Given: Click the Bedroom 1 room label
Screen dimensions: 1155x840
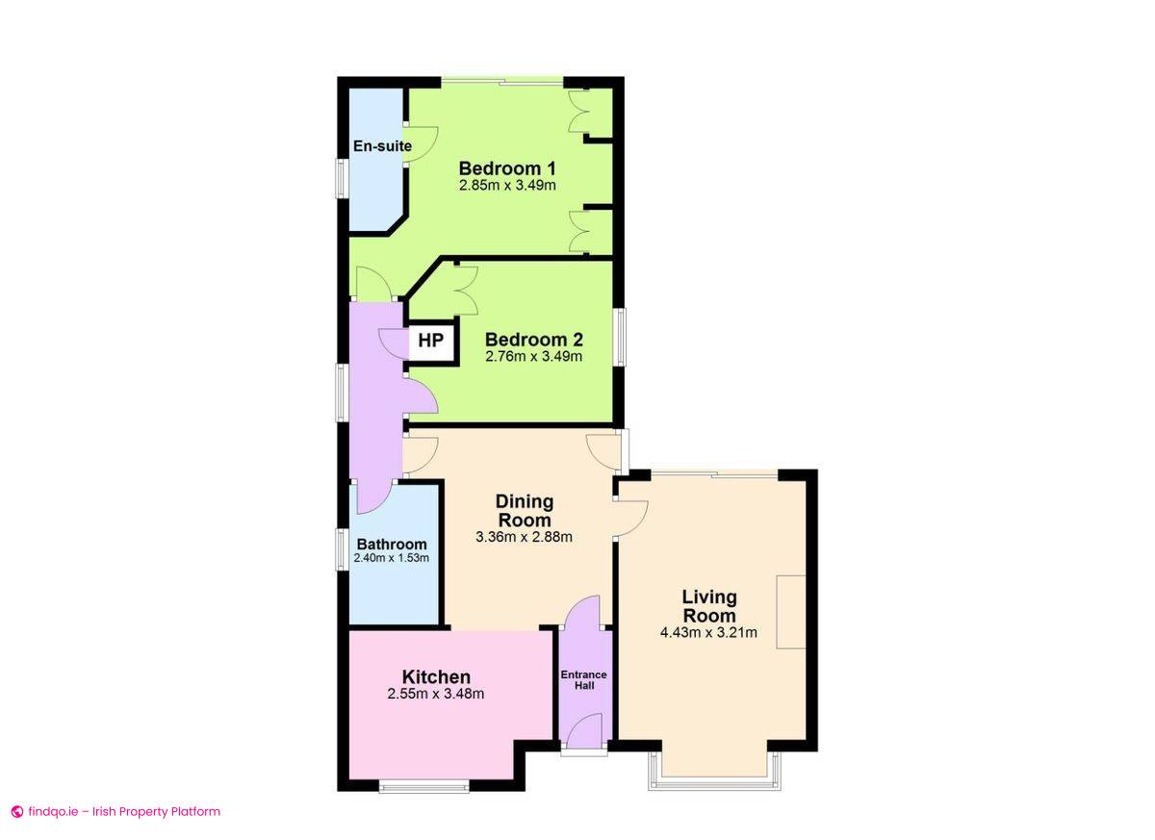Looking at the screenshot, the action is coord(507,168).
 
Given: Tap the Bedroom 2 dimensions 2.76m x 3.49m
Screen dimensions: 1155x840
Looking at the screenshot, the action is coord(533,356).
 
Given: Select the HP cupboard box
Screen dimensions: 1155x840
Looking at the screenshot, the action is coord(431,341).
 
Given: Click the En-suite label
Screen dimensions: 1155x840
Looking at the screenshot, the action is coord(382,146).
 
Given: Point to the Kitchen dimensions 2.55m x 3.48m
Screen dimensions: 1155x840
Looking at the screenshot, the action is coord(436,694).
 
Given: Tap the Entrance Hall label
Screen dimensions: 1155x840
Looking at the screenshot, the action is coord(583,680).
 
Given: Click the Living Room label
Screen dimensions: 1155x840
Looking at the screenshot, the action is coord(709,606).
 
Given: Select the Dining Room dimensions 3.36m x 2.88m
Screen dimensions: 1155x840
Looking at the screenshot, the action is coord(524,537).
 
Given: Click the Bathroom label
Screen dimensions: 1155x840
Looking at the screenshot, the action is coord(392,545).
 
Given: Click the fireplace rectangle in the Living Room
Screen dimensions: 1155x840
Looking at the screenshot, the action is coord(791,612).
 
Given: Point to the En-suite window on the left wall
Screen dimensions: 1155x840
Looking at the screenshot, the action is coord(342,178).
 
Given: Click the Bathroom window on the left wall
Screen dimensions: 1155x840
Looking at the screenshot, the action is coord(342,549).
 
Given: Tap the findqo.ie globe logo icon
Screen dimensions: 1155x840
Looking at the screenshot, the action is coord(17,812).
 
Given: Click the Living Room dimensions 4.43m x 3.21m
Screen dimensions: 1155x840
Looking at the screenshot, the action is coord(708,632).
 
